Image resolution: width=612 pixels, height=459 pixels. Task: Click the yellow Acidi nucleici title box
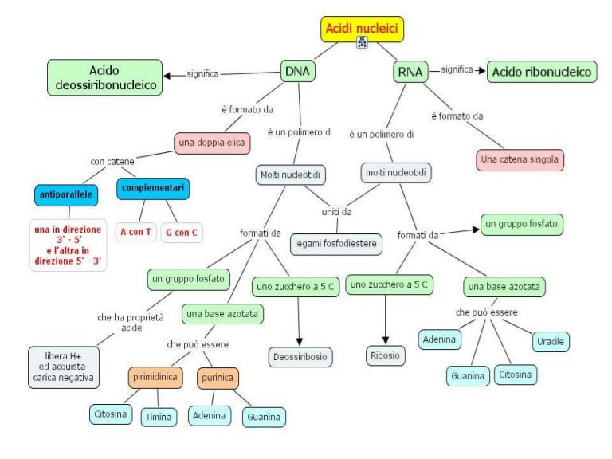[363, 29]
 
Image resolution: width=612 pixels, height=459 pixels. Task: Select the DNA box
[297, 72]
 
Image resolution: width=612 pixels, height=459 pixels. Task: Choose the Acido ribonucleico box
[543, 73]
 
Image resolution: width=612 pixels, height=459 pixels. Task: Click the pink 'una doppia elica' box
[212, 143]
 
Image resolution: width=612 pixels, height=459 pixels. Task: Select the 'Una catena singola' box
[520, 159]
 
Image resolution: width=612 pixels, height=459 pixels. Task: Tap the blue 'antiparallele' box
[69, 194]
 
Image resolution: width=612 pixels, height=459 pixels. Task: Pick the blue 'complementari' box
[153, 189]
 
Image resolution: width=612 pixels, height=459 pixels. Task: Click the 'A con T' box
[135, 232]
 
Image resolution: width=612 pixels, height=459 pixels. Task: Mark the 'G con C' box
[182, 232]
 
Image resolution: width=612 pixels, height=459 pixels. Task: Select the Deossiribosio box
[300, 356]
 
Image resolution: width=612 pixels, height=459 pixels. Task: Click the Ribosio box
[386, 355]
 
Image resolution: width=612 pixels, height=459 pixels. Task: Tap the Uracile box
[550, 341]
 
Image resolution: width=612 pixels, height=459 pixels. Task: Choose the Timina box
[159, 417]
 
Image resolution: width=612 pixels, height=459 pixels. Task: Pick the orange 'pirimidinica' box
[155, 376]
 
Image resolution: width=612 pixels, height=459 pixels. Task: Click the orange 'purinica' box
[218, 376]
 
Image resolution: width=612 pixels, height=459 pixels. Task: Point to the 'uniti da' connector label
[336, 212]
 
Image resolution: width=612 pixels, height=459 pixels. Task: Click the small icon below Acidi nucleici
[362, 43]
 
